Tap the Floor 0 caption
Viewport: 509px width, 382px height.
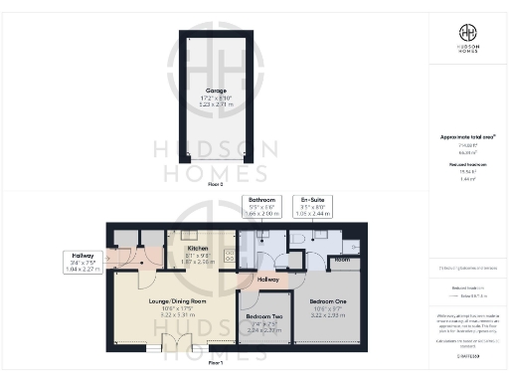pos(216,184)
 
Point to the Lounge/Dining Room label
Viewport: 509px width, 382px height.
pos(150,300)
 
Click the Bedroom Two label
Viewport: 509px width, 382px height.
pos(263,317)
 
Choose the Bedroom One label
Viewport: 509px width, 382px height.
pos(327,300)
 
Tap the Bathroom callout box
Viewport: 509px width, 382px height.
pos(263,207)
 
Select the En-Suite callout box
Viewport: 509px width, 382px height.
pos(319,207)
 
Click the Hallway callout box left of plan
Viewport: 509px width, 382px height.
pos(80,261)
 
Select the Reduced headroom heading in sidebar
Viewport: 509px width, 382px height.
pos(467,163)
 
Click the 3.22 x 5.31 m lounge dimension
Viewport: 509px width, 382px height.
pos(150,314)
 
